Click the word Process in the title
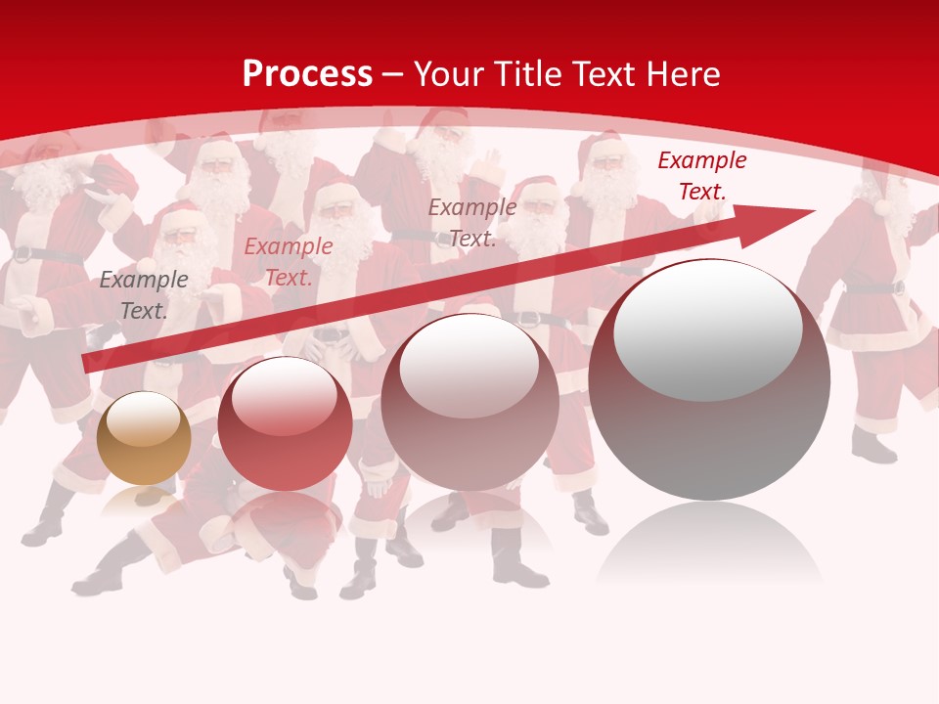[307, 74]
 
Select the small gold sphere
[144, 438]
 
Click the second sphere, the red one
[285, 423]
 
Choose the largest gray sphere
[709, 381]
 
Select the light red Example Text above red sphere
[289, 262]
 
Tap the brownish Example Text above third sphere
[472, 222]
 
